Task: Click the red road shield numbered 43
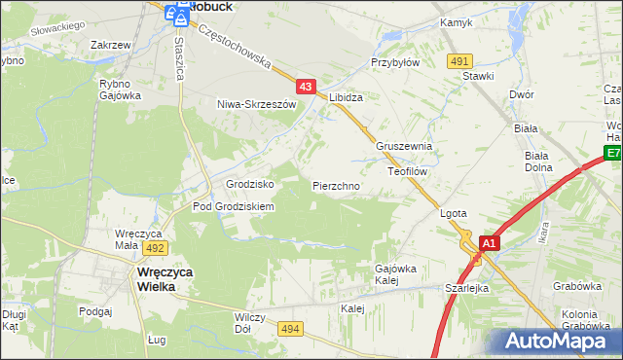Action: (306, 88)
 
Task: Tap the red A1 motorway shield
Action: (489, 243)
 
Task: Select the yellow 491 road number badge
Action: (460, 61)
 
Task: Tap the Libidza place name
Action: (346, 98)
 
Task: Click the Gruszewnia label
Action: (403, 146)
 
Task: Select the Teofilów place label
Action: (409, 169)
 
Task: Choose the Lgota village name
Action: (455, 213)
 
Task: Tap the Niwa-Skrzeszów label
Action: (256, 104)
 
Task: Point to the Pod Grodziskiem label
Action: (234, 207)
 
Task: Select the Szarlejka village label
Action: (466, 289)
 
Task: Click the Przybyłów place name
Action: (394, 60)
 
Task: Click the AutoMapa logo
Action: (562, 342)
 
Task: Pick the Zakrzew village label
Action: (110, 46)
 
